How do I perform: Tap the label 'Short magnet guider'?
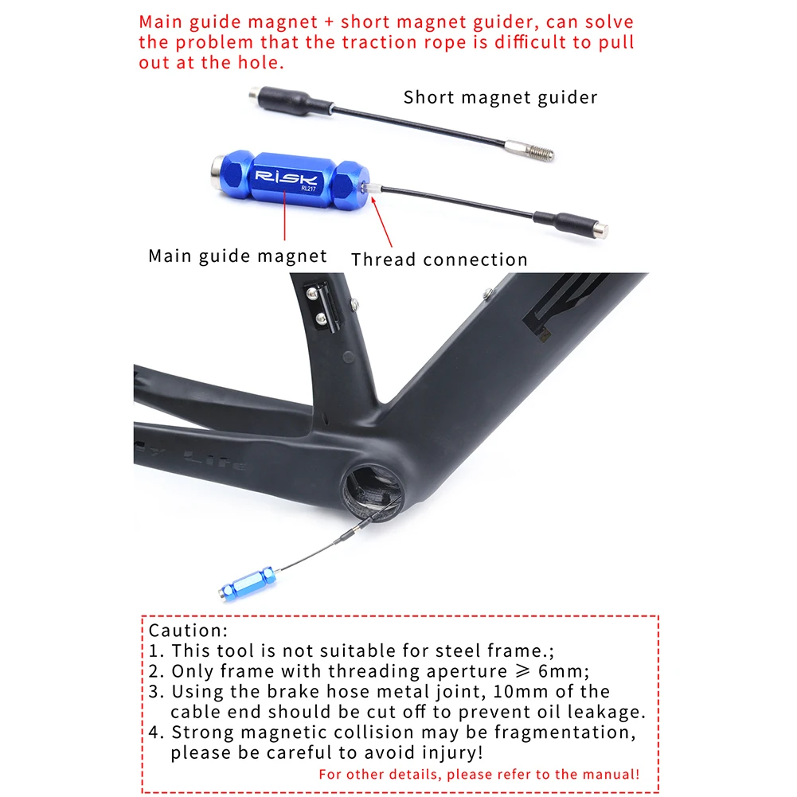(500, 98)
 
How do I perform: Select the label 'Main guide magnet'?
(237, 256)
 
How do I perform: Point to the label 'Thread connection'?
(440, 260)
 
